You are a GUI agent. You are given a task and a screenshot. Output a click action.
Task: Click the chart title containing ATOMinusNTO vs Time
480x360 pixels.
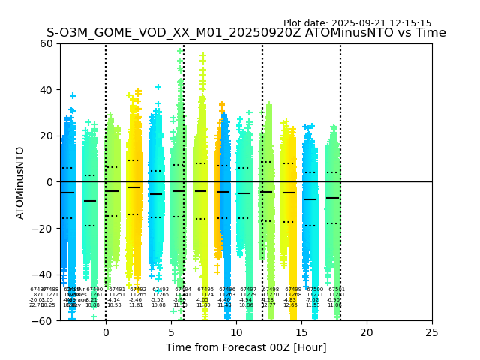click(246, 33)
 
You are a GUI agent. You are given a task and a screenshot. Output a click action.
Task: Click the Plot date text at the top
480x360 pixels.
click(357, 23)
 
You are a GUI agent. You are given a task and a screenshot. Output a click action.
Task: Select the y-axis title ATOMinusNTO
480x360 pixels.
click(20, 182)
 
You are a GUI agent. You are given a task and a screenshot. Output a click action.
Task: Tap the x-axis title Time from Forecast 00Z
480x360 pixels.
click(246, 347)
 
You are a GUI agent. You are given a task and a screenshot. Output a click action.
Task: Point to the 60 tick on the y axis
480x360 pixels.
click(46, 43)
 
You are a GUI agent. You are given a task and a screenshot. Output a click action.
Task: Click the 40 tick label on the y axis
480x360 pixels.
click(46, 90)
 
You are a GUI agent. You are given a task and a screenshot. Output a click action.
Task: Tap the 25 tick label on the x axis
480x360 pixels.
click(432, 331)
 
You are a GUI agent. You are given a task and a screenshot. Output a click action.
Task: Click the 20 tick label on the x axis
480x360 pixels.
click(367, 331)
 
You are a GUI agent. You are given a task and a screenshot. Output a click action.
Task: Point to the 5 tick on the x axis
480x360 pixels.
click(171, 331)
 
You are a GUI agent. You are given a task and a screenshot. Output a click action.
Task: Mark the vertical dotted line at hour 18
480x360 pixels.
click(340, 150)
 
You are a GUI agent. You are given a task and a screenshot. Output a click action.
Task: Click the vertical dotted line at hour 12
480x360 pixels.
click(262, 150)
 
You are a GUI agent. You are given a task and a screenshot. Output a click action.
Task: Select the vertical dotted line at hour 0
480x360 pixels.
click(106, 150)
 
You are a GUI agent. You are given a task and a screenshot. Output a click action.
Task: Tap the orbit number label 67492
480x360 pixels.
click(138, 289)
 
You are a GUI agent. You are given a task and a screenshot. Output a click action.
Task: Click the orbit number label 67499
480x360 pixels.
click(293, 289)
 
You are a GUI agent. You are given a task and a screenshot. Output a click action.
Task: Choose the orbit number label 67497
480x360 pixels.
click(248, 289)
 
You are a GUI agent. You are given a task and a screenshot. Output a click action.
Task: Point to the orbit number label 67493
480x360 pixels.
click(160, 289)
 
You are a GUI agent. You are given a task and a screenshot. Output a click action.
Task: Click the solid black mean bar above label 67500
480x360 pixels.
click(310, 199)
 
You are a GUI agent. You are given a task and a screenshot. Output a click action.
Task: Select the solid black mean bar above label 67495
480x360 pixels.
click(200, 191)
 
